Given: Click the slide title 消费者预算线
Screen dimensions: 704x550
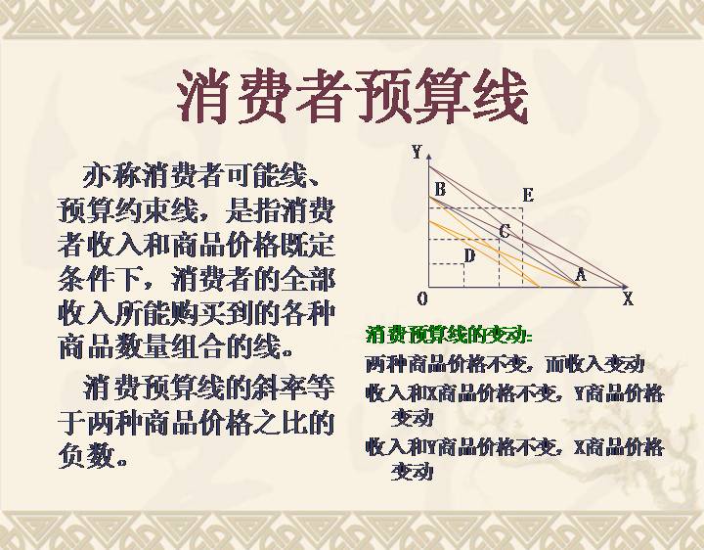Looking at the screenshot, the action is click(x=352, y=98).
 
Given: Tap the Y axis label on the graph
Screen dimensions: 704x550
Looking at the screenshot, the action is click(x=417, y=153).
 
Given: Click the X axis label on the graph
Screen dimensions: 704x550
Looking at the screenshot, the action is click(x=628, y=298).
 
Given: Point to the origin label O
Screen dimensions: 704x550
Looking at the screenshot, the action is click(x=422, y=298).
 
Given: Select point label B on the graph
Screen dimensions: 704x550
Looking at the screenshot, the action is click(x=440, y=190).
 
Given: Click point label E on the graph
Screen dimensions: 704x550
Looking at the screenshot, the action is click(x=528, y=196).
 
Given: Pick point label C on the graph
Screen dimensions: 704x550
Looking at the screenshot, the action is click(x=505, y=232).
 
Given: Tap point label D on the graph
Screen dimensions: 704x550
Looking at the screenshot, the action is click(x=469, y=256).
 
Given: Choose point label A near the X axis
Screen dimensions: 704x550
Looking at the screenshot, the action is click(x=581, y=275).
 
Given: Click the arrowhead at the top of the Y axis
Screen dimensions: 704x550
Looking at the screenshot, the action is click(x=429, y=157).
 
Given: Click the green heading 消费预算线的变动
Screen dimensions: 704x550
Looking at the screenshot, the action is click(x=450, y=335).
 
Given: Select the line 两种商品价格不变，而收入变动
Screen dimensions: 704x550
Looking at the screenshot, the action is click(x=505, y=364).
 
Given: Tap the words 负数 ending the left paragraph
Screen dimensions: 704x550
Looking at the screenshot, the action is click(x=86, y=456).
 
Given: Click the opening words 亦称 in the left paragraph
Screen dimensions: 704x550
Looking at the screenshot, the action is click(x=111, y=176).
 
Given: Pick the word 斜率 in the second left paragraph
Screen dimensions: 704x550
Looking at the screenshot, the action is click(x=280, y=388).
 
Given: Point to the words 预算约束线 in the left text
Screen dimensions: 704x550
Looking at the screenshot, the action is click(x=127, y=211).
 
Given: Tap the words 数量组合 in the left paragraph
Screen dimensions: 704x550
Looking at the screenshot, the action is click(x=169, y=345).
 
